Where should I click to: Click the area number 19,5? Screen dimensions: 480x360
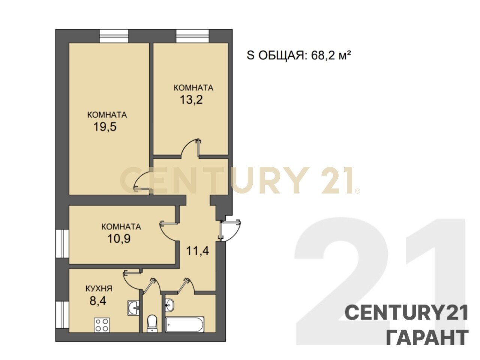click(x=105, y=127)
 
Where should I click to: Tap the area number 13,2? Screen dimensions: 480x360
click(x=191, y=100)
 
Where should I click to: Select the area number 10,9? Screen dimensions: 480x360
click(x=119, y=238)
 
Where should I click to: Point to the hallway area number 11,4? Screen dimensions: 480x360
click(x=198, y=251)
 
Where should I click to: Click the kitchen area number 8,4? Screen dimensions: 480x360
click(x=98, y=300)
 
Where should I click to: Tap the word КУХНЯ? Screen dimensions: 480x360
click(x=99, y=289)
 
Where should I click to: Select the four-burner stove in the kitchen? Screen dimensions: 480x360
click(x=102, y=325)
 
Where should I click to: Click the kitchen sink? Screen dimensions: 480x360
click(x=133, y=308)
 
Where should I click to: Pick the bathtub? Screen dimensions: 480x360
click(x=185, y=324)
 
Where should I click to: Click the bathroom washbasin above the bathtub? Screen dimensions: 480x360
click(x=169, y=304)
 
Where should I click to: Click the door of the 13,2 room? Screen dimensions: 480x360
click(x=190, y=148)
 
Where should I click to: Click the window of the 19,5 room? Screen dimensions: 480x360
click(x=114, y=36)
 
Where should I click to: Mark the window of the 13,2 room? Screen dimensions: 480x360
click(x=193, y=36)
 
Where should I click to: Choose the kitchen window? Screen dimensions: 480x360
click(x=62, y=315)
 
